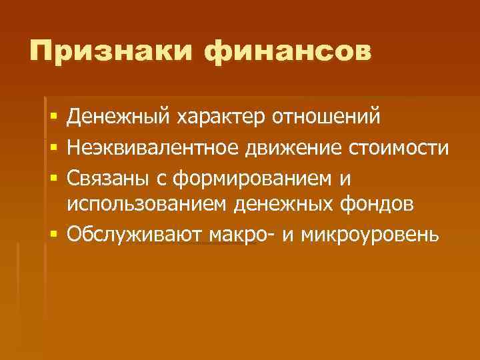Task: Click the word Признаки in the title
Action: [111, 52]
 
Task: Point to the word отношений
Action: [327, 117]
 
